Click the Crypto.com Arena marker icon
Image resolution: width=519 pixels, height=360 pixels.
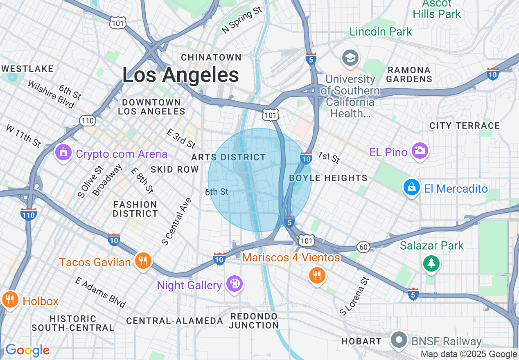(63, 153)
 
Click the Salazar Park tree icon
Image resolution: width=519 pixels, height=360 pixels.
(431, 263)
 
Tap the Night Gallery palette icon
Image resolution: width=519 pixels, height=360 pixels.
(235, 284)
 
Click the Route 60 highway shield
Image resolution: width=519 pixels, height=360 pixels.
(363, 247)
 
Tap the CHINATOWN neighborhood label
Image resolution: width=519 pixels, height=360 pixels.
(211, 57)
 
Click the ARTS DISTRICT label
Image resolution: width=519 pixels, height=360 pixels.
(228, 157)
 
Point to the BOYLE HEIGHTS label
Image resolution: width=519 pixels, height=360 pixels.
(328, 178)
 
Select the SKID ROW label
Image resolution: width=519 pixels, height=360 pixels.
(174, 169)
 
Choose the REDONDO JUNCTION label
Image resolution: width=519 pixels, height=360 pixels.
(254, 321)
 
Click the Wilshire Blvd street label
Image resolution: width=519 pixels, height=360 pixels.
(51, 94)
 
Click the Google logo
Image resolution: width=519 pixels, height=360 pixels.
(27, 351)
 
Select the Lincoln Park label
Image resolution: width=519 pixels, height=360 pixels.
(381, 32)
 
